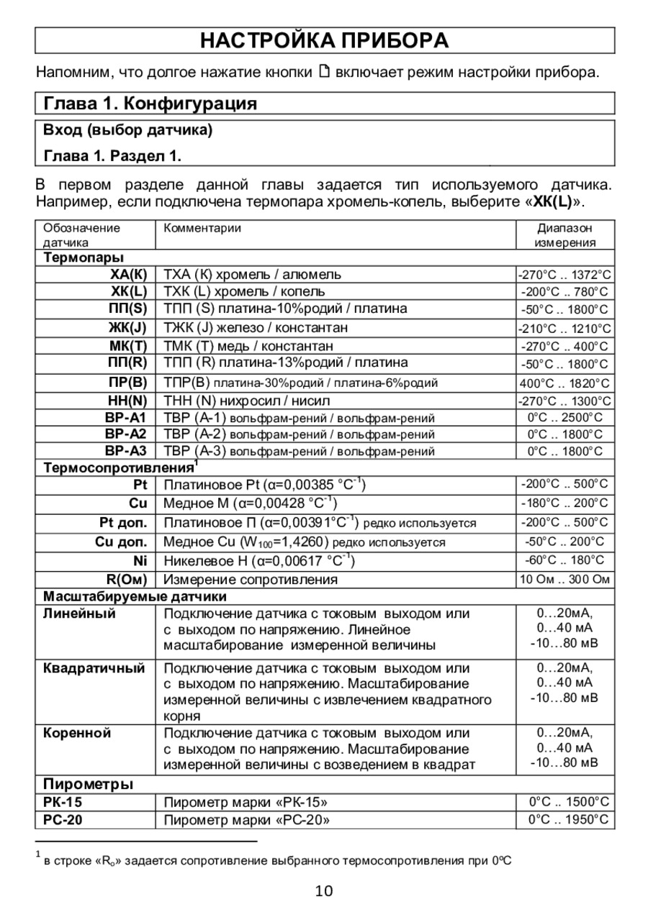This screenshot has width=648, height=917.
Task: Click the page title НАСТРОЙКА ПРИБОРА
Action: [x=324, y=40]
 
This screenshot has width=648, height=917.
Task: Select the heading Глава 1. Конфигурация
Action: [x=150, y=104]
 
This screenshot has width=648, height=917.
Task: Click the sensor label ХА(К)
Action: [x=129, y=275]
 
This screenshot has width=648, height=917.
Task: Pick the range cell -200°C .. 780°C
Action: [x=565, y=292]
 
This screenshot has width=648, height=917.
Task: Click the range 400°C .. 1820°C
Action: [x=565, y=383]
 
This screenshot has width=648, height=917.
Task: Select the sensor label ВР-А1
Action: [x=126, y=418]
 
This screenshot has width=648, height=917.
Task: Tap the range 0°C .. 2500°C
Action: [x=565, y=418]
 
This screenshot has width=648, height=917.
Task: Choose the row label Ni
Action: [x=140, y=560]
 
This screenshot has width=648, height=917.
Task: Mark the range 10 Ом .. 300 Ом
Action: [x=565, y=579]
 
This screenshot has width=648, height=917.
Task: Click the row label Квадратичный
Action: [x=94, y=668]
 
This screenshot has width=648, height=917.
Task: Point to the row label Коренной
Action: [x=77, y=734]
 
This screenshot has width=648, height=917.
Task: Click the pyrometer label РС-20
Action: [x=63, y=820]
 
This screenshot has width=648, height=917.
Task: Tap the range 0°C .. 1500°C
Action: [x=569, y=802]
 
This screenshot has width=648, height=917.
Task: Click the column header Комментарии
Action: [x=202, y=229]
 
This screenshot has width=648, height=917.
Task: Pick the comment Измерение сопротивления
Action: [x=251, y=579]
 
